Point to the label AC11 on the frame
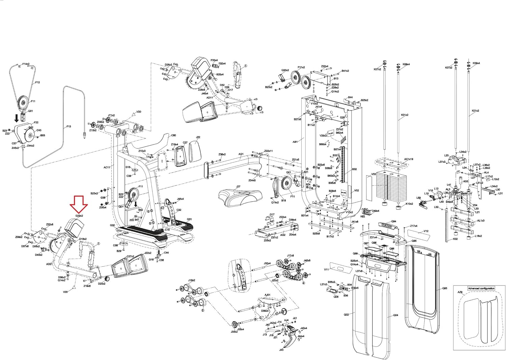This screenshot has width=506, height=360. point(107,167)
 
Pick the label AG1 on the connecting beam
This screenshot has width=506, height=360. point(241,154)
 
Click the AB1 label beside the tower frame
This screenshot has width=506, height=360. point(295,142)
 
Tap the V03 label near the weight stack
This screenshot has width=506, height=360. point(373,174)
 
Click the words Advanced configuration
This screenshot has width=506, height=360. point(481,288)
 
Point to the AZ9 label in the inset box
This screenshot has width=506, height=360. point(460,293)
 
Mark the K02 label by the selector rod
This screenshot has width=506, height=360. point(455,239)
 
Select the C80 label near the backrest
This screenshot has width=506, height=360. point(173,136)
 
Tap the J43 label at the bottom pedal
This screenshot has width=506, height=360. point(281,350)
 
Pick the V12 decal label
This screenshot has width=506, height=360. point(426,231)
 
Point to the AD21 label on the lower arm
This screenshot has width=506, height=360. point(49,265)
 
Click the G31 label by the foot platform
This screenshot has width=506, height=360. point(189,219)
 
